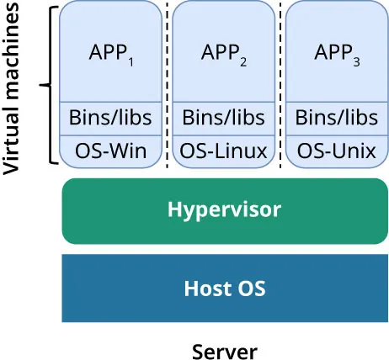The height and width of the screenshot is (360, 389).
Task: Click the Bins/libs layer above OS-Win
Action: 111,117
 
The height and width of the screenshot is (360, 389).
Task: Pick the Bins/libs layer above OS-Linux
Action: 224,117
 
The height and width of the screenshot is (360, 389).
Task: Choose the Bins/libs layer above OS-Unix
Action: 337,117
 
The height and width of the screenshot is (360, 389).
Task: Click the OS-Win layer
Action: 111,151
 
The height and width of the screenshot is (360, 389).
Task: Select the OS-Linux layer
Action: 224,151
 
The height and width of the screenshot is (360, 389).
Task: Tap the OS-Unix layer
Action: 337,151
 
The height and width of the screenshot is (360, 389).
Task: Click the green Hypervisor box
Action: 224,210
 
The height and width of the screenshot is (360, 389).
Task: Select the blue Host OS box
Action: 224,289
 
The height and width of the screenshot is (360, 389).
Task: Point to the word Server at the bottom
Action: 224,349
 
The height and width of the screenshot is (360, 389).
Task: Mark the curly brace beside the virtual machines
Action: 48,85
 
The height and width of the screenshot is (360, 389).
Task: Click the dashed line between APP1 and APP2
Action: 168,84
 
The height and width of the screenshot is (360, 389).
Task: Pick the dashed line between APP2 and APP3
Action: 280,84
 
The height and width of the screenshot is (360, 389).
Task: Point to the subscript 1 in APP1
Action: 131,61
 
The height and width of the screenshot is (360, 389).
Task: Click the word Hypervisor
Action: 224,209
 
